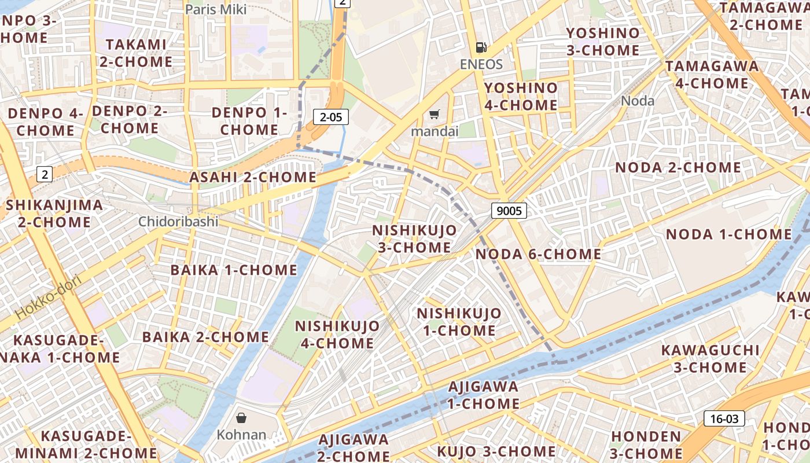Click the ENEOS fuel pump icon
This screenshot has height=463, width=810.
(481, 47)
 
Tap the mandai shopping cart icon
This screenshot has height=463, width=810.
(435, 115)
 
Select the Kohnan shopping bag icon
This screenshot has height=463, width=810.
(241, 417)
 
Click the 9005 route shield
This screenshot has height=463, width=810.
(509, 211)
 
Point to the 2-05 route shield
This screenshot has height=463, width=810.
(331, 117)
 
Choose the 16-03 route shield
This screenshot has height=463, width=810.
(724, 418)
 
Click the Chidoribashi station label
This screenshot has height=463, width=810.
(178, 222)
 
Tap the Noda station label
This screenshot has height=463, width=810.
(638, 101)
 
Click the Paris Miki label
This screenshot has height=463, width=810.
(216, 9)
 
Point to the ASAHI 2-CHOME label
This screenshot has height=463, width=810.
(253, 177)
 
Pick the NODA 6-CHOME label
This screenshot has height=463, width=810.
(538, 254)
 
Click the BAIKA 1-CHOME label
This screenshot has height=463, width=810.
(234, 270)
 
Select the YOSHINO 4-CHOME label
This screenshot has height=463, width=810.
(521, 97)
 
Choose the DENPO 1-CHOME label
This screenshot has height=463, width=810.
(249, 121)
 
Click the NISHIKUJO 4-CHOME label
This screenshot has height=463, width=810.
(337, 335)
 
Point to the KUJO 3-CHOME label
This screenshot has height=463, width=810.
(496, 451)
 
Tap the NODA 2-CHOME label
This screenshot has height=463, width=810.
(678, 168)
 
